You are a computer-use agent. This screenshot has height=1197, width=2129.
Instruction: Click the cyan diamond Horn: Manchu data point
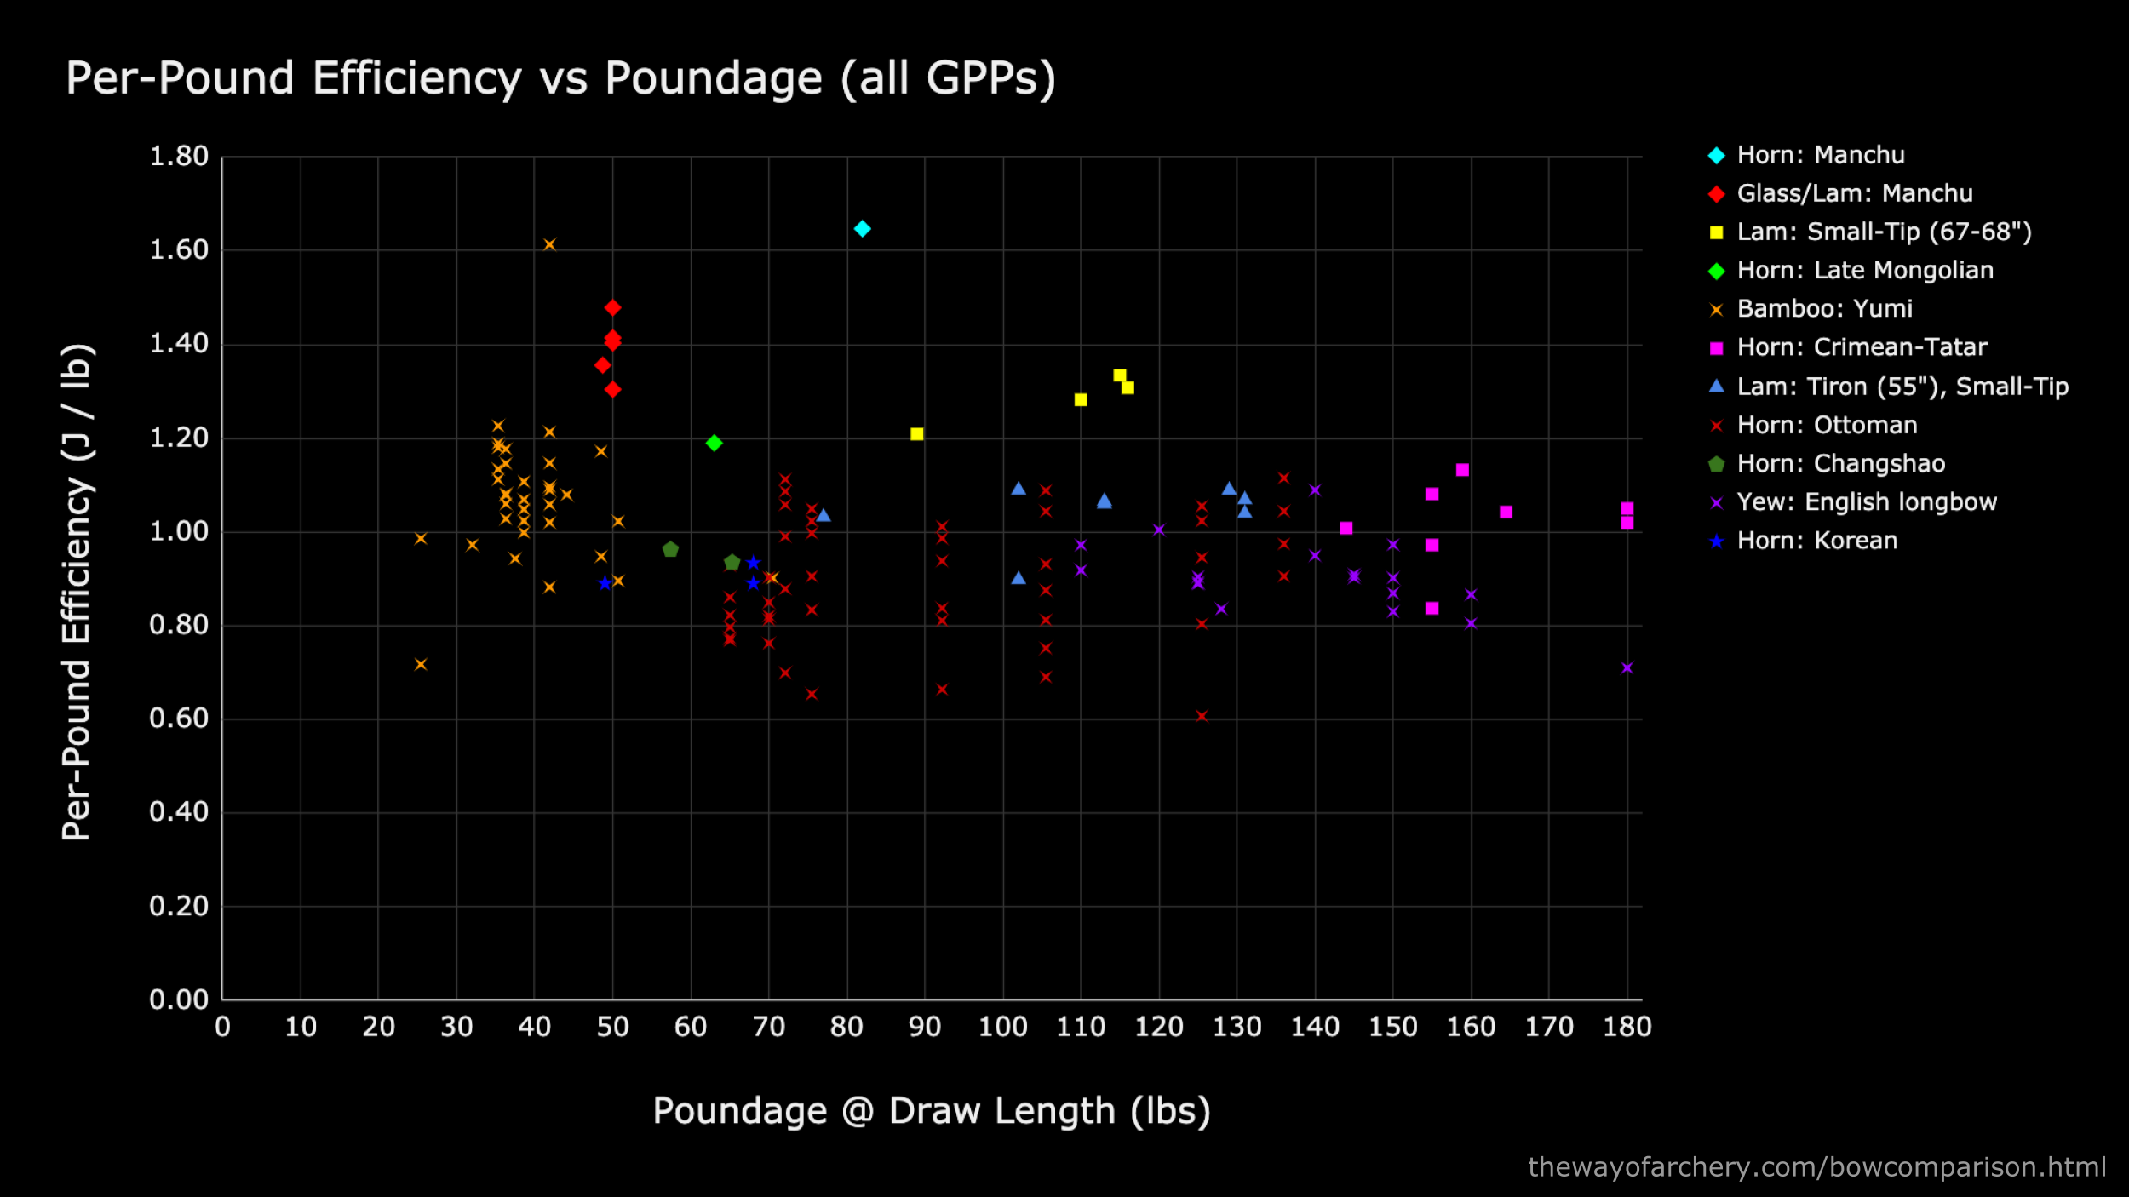coord(862,228)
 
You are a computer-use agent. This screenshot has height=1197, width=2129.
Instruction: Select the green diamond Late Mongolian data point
coord(714,443)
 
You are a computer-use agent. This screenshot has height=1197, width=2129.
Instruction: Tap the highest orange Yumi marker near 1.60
coord(549,244)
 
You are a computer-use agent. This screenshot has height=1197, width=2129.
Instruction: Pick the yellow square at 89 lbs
coord(916,434)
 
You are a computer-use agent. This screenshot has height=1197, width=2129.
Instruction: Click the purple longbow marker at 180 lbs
coord(1627,667)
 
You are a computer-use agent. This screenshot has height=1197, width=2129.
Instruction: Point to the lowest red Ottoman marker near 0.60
coord(1202,716)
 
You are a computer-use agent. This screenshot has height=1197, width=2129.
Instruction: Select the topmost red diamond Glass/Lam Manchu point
coord(612,307)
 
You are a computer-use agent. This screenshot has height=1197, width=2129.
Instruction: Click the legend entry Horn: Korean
coord(1816,541)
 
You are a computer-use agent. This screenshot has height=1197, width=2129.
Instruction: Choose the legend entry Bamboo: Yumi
coord(1824,308)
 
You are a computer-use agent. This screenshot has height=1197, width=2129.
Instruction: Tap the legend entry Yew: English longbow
coord(1866,502)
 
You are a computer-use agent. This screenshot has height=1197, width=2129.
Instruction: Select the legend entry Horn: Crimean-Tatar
coord(1861,347)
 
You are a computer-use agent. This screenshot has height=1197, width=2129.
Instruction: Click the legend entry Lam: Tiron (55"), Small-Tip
coord(1902,387)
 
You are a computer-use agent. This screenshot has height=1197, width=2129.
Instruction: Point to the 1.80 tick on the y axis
coord(179,156)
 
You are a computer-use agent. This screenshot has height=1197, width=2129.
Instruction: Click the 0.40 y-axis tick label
coord(179,811)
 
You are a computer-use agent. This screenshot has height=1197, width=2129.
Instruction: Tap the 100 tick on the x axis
coord(1002,1027)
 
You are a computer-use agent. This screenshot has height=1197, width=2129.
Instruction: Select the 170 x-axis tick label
coord(1548,1027)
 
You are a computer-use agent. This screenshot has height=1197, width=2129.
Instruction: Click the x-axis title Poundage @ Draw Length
coord(931,1111)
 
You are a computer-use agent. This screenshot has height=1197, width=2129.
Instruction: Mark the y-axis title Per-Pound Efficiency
coord(77,592)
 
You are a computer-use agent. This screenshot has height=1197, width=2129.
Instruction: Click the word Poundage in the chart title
coord(713,78)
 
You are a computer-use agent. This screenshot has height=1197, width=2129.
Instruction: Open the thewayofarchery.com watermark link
coord(1816,1166)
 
